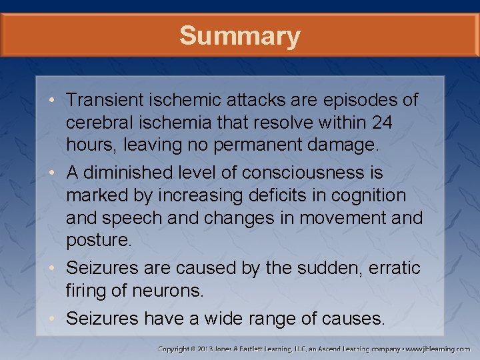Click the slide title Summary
pos(239,35)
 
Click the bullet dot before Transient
pos(58,101)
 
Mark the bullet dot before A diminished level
pos(58,173)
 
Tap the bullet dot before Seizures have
pos(58,319)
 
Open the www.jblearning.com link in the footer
pos(438,349)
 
